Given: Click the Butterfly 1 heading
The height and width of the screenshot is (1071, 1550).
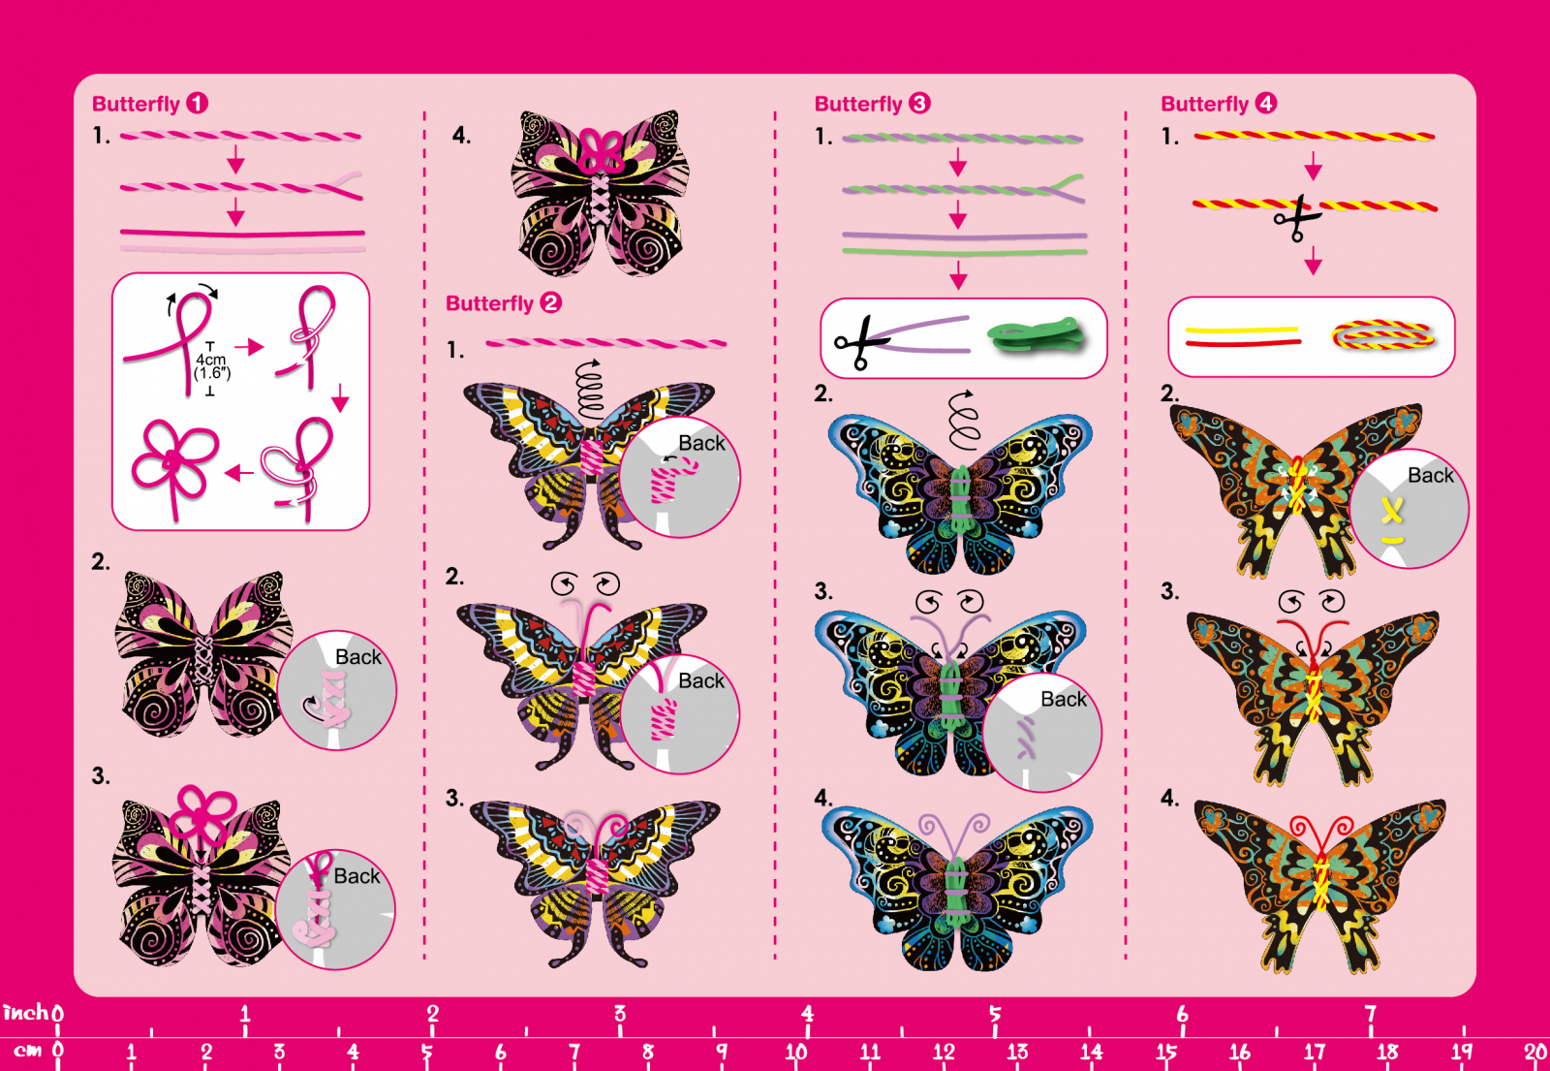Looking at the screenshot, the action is click(x=150, y=104).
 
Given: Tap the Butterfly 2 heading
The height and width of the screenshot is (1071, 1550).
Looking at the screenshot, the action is click(x=503, y=303).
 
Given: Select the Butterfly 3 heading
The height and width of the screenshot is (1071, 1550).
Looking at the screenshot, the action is click(x=873, y=104).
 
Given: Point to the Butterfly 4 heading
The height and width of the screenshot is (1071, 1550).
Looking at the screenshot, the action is click(x=1219, y=104).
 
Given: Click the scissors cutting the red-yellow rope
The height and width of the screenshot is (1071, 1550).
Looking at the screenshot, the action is click(x=1297, y=218).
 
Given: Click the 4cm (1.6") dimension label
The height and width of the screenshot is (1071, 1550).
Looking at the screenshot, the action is click(x=211, y=366).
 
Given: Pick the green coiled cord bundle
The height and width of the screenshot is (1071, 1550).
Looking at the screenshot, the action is click(x=1036, y=334).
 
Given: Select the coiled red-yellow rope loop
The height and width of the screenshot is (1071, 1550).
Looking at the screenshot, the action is click(x=1382, y=335).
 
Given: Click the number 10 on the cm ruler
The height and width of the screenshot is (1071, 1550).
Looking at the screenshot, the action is click(x=795, y=1052).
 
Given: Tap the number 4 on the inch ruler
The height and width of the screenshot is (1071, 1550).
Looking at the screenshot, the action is click(x=808, y=1014).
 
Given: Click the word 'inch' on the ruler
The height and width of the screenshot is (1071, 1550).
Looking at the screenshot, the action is click(x=25, y=1012).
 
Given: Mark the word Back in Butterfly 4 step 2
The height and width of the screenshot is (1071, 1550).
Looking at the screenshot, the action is click(x=1430, y=476).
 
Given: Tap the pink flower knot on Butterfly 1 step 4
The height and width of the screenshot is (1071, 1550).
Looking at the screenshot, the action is click(x=602, y=151).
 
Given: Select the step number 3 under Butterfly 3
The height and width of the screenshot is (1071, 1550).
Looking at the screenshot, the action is click(x=823, y=591).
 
